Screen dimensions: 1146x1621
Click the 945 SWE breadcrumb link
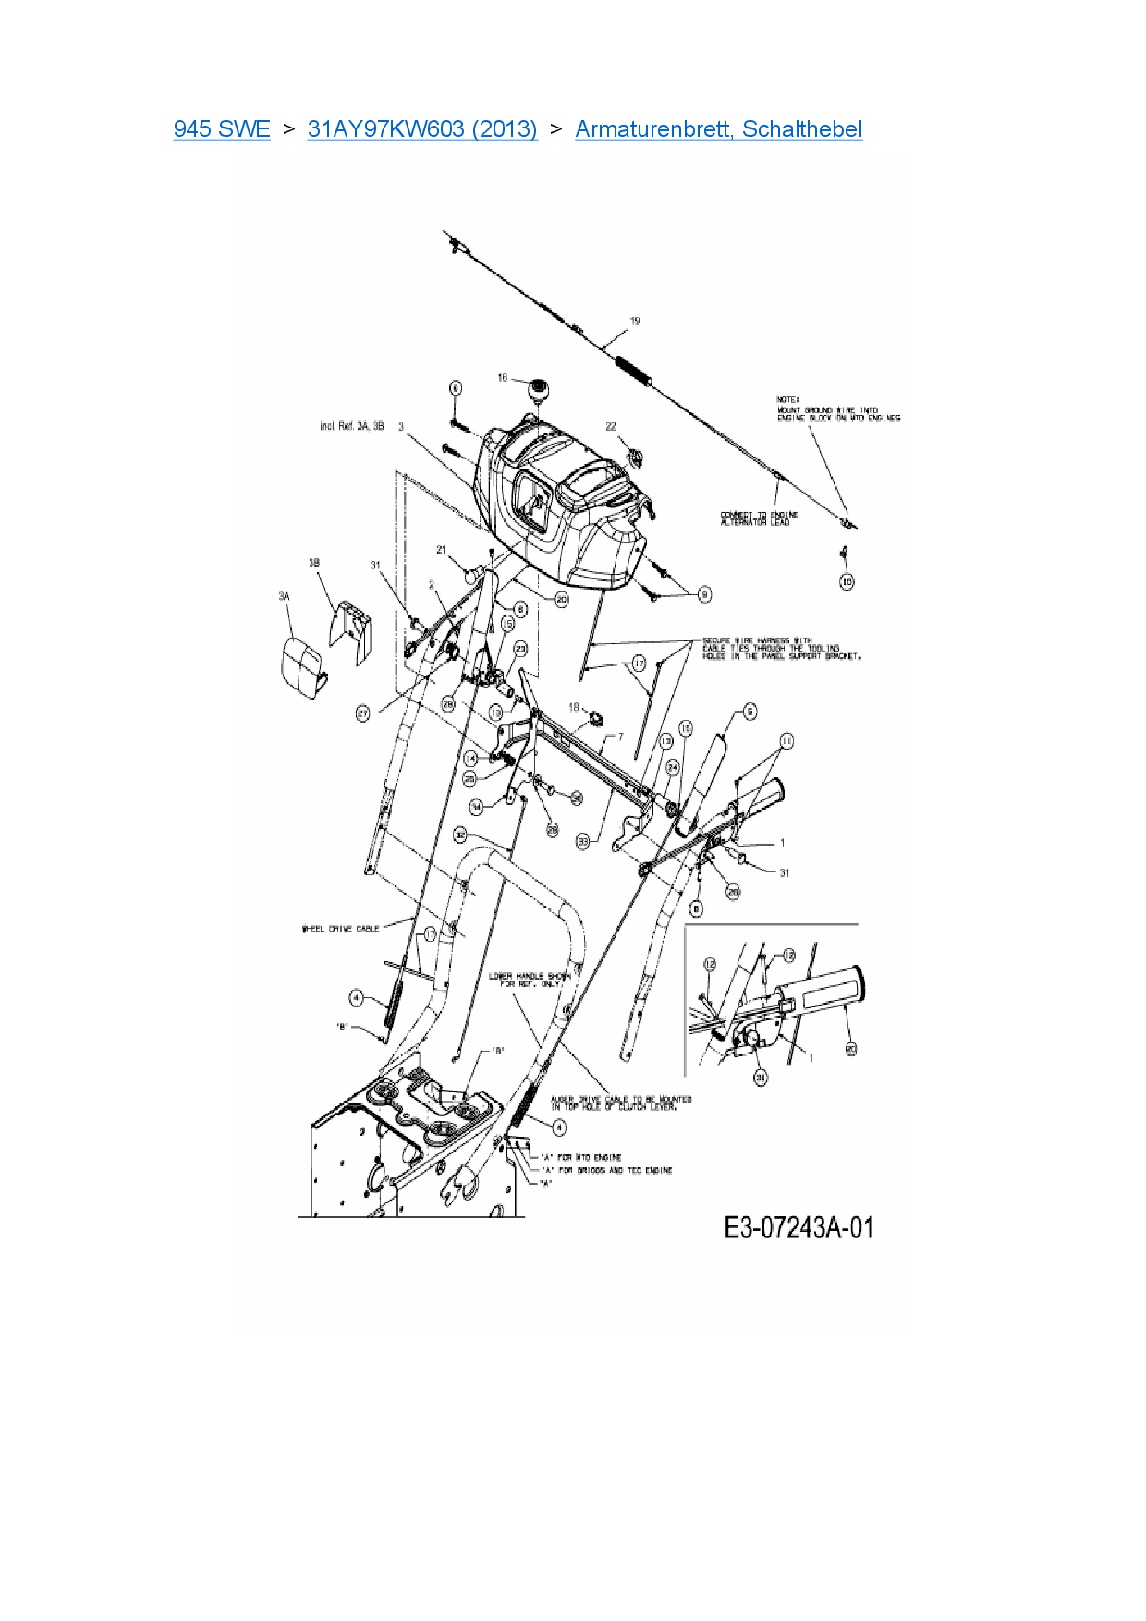point(222,128)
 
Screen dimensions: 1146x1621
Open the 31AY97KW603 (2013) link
point(422,128)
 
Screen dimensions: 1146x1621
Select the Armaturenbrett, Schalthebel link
point(718,128)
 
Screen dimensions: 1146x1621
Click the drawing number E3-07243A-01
point(799,1227)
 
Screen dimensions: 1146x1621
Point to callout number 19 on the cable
point(635,322)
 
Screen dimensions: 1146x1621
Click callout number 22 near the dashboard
point(611,426)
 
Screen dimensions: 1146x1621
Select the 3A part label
point(284,596)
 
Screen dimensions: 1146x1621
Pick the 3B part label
point(314,563)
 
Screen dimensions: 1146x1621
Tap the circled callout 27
point(363,713)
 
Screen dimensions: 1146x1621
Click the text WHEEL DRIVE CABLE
point(340,928)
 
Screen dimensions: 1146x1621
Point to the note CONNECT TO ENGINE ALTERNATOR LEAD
point(759,518)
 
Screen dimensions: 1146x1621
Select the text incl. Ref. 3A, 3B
point(352,426)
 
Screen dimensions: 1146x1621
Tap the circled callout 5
point(750,711)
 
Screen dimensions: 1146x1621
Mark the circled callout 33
point(583,841)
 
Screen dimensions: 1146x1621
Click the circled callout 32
point(460,835)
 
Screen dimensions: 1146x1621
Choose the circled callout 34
point(477,807)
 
